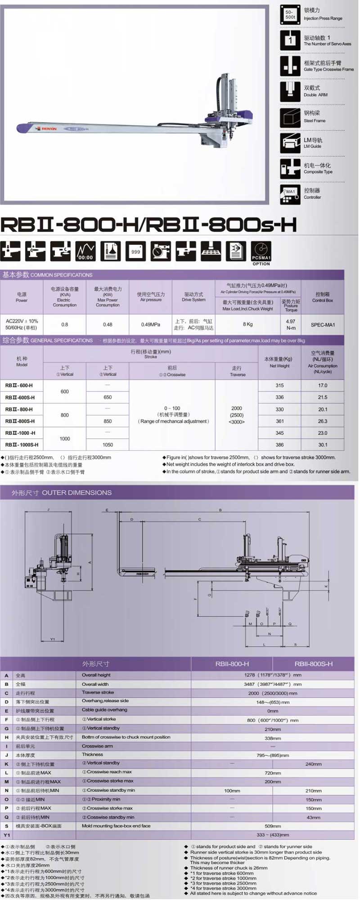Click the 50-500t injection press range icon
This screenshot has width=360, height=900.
(x=290, y=15)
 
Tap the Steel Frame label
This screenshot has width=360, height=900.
(x=314, y=121)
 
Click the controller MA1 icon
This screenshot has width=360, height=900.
(x=290, y=194)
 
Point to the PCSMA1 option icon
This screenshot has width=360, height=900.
(x=261, y=251)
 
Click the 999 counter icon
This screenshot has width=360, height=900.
(x=135, y=251)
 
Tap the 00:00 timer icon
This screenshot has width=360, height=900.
(x=85, y=251)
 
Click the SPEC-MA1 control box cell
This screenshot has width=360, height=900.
(x=323, y=325)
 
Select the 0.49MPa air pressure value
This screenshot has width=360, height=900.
(x=150, y=325)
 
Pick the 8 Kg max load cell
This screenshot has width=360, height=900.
(x=247, y=324)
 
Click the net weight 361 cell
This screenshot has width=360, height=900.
(x=279, y=421)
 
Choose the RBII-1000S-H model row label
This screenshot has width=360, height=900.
(x=22, y=445)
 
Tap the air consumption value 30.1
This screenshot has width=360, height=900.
(x=323, y=445)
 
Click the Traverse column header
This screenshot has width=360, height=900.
(x=237, y=371)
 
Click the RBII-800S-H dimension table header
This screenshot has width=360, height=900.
(x=314, y=664)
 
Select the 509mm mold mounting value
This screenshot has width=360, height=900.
(x=273, y=826)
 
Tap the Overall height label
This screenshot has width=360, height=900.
(x=97, y=675)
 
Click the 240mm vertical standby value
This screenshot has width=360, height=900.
(x=313, y=764)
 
